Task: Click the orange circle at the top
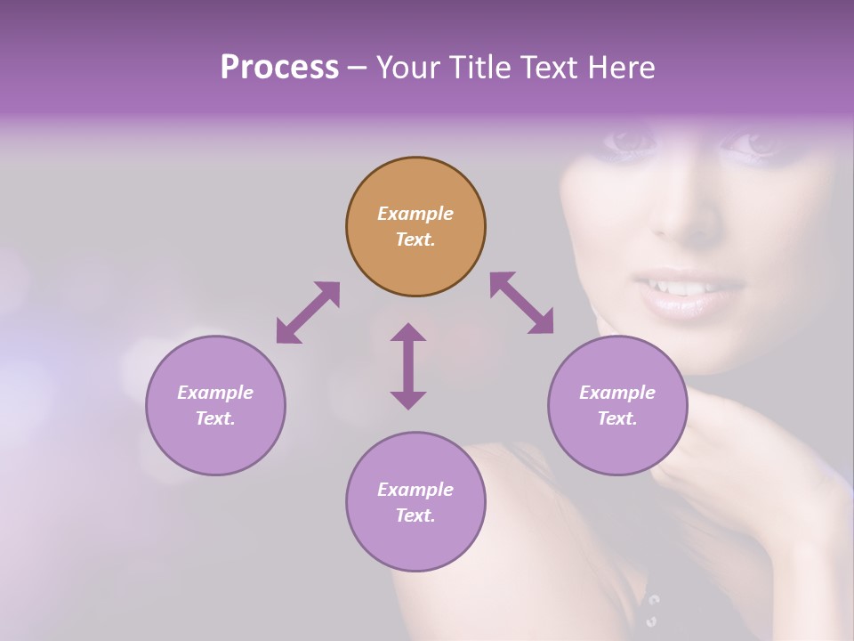[x=415, y=227]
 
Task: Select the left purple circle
[x=215, y=405]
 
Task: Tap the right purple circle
[x=617, y=405]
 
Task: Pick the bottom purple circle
[x=415, y=502]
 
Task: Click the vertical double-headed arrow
[x=408, y=366]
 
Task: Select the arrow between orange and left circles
[x=308, y=312]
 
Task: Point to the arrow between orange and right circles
[x=522, y=303]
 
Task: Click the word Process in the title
[x=279, y=67]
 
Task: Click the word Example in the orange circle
[x=415, y=214]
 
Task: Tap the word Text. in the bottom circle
[x=415, y=515]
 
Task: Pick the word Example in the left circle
[x=215, y=393]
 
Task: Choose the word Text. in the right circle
[x=617, y=418]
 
